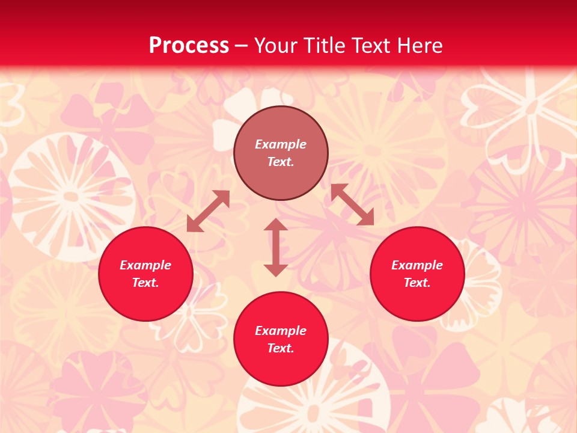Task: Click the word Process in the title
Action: (189, 46)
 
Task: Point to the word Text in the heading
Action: (369, 46)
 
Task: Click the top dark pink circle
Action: (281, 126)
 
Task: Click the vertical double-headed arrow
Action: (276, 247)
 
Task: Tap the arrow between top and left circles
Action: (208, 211)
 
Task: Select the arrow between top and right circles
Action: (352, 204)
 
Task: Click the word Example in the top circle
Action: (281, 144)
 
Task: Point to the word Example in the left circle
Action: (145, 265)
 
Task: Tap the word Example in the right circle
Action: (417, 265)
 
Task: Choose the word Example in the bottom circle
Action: (281, 331)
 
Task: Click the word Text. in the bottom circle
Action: (281, 348)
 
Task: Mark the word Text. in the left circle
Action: (145, 283)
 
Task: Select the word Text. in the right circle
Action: (417, 283)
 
